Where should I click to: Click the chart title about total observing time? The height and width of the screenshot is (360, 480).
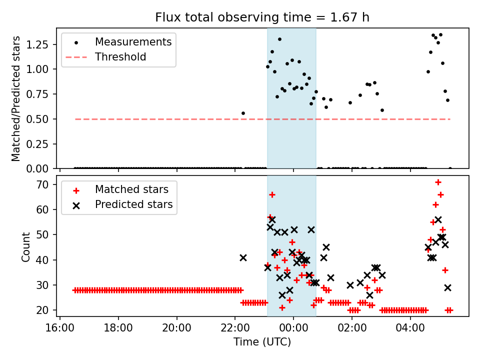point(262,18)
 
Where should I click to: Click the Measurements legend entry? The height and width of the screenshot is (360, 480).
point(133,41)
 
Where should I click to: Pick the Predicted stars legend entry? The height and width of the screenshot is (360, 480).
point(134,204)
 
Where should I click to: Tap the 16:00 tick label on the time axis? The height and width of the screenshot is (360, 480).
point(60,330)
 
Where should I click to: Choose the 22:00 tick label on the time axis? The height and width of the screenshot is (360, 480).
point(235,330)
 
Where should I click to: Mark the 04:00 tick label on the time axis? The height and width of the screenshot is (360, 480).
point(410,330)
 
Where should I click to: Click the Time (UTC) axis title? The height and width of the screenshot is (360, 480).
point(262,342)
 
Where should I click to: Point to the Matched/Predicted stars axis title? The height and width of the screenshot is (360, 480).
point(16,98)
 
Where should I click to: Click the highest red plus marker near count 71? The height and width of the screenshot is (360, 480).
point(438,182)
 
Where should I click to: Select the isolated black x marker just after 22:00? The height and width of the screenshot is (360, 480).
point(243,257)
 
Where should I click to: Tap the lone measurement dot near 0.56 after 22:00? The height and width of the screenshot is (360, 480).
point(243,113)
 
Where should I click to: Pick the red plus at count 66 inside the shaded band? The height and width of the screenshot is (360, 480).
point(272,194)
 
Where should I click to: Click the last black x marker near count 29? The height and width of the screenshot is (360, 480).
point(447,287)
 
